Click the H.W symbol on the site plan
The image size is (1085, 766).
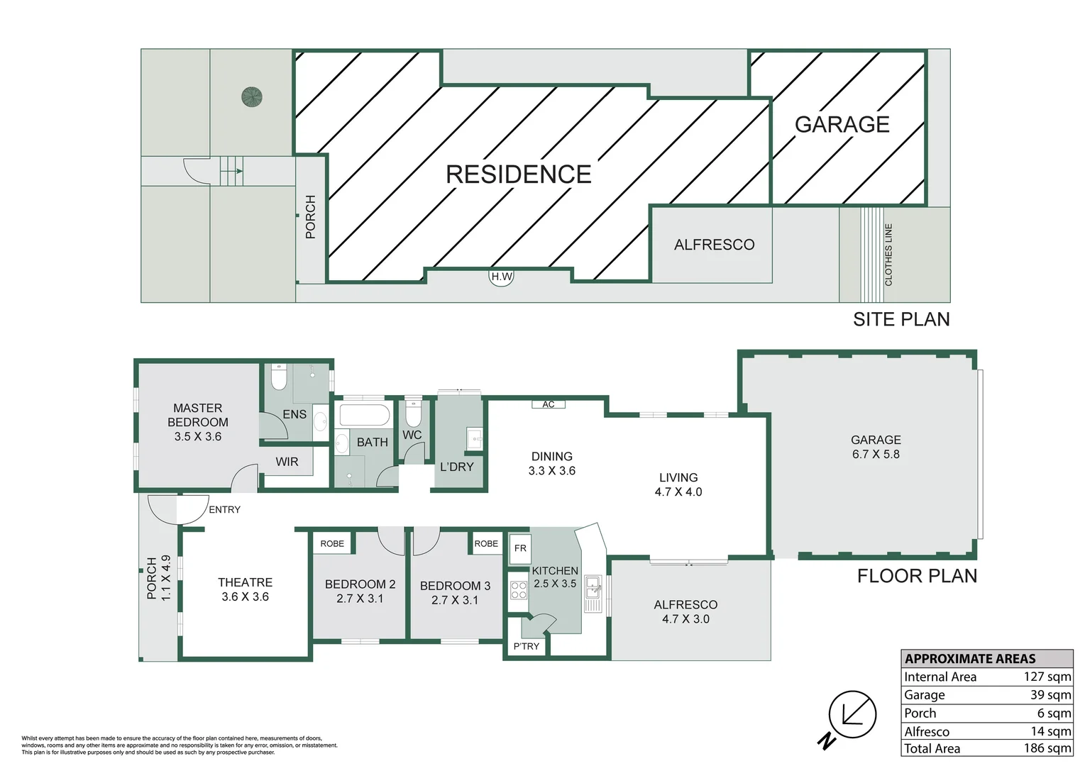coord(501,277)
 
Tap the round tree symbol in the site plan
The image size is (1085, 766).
coord(252,97)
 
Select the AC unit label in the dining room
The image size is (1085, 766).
coord(549,404)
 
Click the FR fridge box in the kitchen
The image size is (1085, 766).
coord(520,548)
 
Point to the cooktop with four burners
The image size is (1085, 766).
coord(518,591)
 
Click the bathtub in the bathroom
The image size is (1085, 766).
coord(364,416)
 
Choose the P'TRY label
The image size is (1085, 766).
coord(526,646)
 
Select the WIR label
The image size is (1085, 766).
coord(287,462)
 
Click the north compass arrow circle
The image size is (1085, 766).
coord(852,715)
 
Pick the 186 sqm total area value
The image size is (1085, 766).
coord(1047,748)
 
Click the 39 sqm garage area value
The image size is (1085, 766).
coord(1051,695)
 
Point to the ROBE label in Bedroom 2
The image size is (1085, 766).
coord(332,544)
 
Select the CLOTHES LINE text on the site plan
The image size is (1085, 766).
coord(888,255)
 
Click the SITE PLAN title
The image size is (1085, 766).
coord(901,320)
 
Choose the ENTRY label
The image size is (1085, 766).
coord(225,509)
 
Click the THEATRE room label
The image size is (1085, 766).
coord(245,582)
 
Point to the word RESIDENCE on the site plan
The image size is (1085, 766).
coord(518,174)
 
